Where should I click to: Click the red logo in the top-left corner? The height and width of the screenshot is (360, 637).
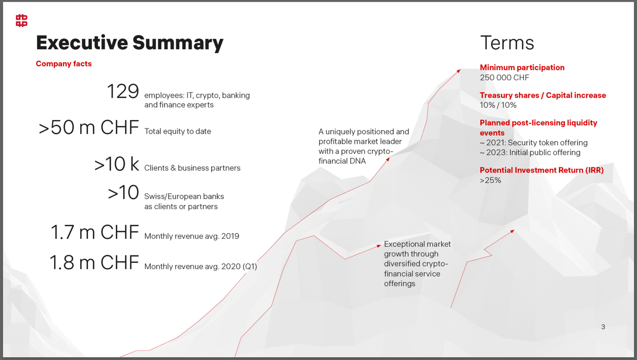[22, 21]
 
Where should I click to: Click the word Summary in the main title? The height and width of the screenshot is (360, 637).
[178, 44]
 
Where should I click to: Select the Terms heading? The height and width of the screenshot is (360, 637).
[507, 43]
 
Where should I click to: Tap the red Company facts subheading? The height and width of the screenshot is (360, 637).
[64, 64]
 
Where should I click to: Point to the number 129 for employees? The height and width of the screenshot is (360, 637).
[123, 91]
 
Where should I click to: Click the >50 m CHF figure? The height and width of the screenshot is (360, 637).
[89, 127]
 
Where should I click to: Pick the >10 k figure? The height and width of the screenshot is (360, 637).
[117, 164]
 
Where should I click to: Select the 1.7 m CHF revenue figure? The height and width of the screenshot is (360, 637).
[94, 232]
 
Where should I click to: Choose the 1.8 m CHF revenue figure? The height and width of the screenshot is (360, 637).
[94, 262]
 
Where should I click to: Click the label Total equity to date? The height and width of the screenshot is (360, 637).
[178, 131]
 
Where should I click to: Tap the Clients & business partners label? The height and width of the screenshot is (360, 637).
[192, 168]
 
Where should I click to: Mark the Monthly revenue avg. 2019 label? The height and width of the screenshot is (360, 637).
[192, 236]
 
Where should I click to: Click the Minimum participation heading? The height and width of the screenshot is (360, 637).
[522, 67]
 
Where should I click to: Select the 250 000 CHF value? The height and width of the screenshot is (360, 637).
[504, 78]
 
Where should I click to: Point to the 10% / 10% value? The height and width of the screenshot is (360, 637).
[498, 105]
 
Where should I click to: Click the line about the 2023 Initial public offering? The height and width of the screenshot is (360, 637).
[530, 153]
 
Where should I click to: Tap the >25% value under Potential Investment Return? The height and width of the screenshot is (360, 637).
[490, 181]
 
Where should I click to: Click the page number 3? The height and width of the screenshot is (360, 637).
[603, 327]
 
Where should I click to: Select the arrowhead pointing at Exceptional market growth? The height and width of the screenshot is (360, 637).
[378, 246]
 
